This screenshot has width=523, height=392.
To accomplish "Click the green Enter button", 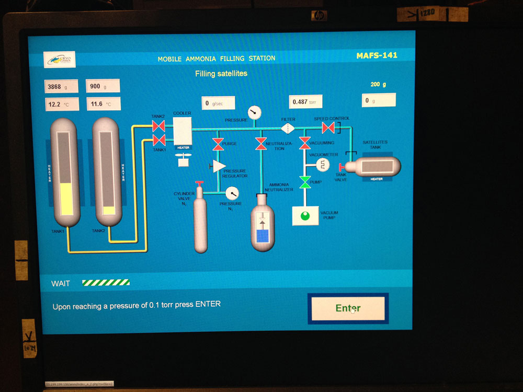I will click(x=348, y=308).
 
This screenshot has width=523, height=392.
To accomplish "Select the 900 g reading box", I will click(x=103, y=86).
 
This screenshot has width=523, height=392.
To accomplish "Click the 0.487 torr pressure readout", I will click(x=306, y=101).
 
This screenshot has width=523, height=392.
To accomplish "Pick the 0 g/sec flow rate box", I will click(x=219, y=103).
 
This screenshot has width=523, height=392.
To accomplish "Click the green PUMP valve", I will click(x=304, y=182).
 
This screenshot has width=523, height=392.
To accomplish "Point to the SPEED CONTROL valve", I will click(x=328, y=128).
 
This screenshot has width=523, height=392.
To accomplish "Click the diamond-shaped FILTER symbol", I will click(x=288, y=128).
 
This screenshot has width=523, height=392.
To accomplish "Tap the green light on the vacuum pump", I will click(x=305, y=215).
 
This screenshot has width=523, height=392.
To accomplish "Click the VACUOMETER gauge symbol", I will click(x=322, y=165).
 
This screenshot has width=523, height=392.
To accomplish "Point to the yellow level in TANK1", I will click(x=65, y=199).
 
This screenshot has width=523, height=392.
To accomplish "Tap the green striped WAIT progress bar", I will click(x=106, y=283).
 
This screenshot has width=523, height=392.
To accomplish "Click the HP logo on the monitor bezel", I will click(x=318, y=16).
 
